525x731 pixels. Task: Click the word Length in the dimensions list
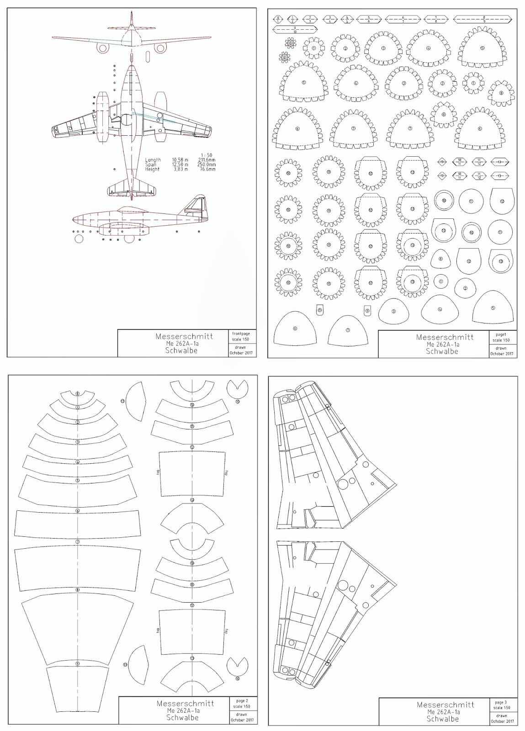[153, 160]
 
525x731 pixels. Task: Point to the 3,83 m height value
[179, 169]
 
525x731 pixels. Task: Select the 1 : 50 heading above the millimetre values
[208, 155]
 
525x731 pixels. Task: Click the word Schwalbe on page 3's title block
[442, 719]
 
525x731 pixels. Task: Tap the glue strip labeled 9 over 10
[295, 30]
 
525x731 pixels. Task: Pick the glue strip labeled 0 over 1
[278, 19]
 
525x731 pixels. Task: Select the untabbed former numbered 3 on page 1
[393, 311]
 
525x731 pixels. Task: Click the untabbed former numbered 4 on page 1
[440, 309]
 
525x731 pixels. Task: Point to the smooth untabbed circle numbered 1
[440, 281]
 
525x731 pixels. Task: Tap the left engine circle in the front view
[104, 47]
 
